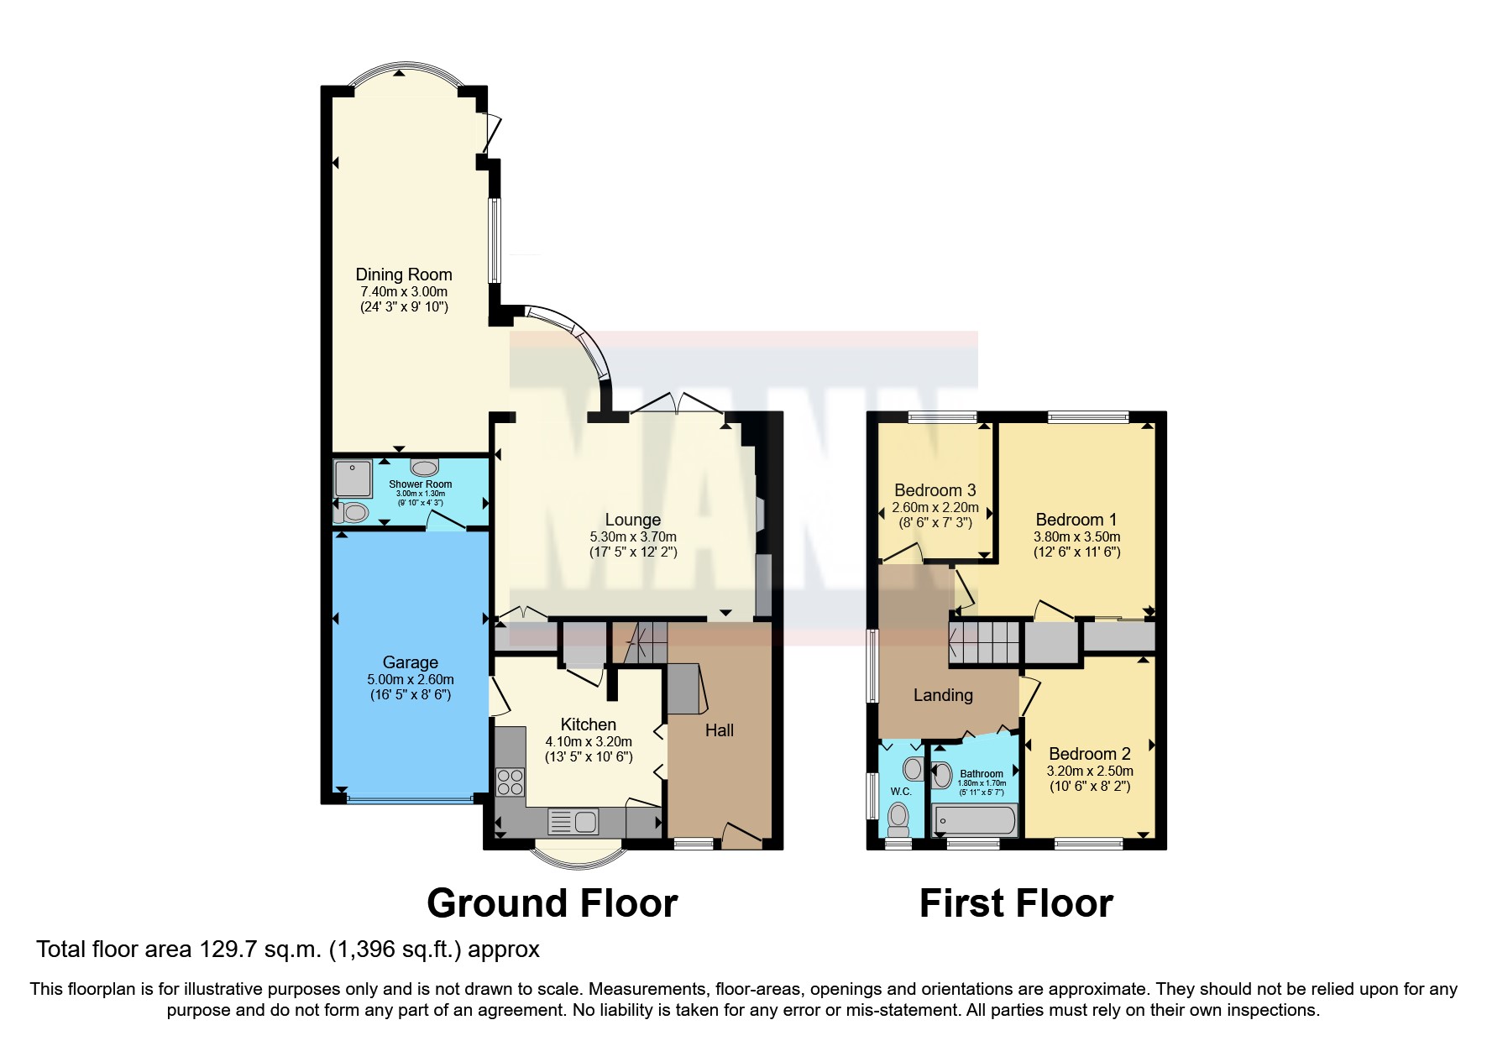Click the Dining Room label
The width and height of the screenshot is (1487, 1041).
tap(403, 275)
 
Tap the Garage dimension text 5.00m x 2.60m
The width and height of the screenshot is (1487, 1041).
tap(410, 679)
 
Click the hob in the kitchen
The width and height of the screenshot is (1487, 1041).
tap(510, 782)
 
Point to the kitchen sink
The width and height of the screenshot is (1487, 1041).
tap(573, 822)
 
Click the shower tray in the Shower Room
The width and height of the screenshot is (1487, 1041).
tap(353, 479)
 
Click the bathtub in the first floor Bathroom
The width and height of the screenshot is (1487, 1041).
tap(974, 820)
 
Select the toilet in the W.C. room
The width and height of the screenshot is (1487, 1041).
tap(898, 815)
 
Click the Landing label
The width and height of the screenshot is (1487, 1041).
tap(943, 695)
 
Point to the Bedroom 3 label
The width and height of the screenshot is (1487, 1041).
tap(935, 490)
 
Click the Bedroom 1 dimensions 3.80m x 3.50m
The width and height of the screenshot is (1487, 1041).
tap(1076, 536)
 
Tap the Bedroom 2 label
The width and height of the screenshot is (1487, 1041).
tap(1089, 754)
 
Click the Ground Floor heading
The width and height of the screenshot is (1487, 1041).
tap(552, 903)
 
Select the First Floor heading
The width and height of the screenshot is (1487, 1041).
tap(1015, 903)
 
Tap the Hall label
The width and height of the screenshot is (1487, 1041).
tap(719, 730)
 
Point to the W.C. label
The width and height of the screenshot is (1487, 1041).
tap(901, 792)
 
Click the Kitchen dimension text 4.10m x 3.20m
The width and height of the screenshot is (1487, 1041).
tap(588, 741)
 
